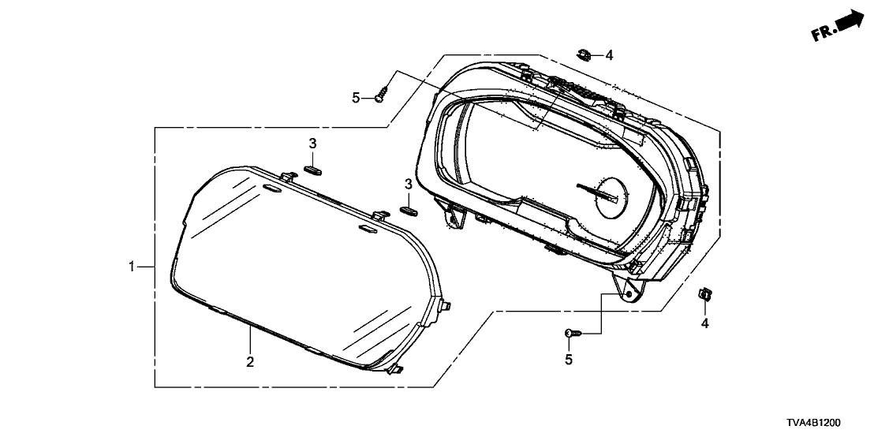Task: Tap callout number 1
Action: tap(132, 267)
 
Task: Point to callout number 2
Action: tap(250, 362)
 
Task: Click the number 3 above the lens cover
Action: tap(312, 143)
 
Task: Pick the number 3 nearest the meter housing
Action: tap(409, 184)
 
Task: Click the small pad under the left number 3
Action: tap(312, 166)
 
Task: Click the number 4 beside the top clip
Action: tap(609, 55)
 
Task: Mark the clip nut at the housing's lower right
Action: tap(704, 295)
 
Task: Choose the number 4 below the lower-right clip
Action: tap(705, 323)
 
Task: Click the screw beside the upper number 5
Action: tap(382, 95)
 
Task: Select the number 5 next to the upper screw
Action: tap(356, 97)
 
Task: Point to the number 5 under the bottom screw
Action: tap(568, 360)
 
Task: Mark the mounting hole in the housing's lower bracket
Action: tap(630, 294)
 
